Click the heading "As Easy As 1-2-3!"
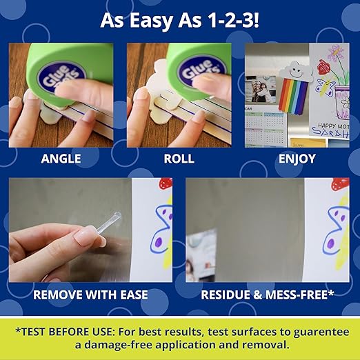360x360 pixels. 179,19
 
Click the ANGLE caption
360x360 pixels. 61,159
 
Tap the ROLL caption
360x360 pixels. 179,159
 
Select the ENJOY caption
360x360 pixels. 297,159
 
